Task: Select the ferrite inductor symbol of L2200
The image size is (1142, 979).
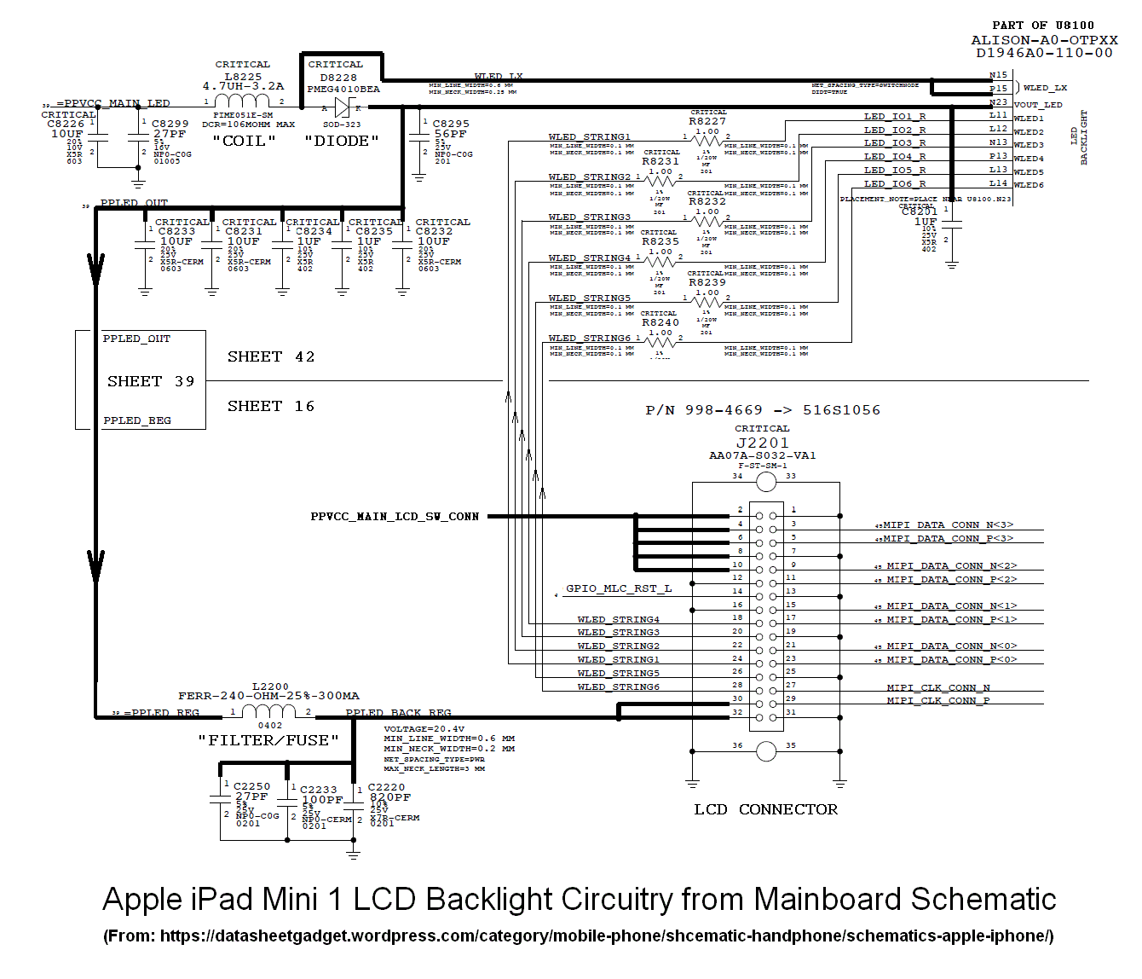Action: click(269, 711)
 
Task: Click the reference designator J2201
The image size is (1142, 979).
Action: click(763, 443)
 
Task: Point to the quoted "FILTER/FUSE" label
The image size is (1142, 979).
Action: click(268, 740)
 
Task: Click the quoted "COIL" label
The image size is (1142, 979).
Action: click(244, 141)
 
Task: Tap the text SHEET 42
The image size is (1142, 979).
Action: click(271, 356)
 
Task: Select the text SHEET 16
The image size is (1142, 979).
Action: click(271, 406)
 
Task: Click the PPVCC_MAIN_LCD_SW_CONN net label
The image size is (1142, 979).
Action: click(395, 517)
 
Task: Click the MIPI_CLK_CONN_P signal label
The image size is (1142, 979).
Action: click(938, 700)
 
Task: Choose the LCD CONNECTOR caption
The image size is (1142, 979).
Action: click(765, 809)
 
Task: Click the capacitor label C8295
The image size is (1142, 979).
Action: click(451, 124)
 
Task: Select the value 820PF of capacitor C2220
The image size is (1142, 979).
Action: click(390, 797)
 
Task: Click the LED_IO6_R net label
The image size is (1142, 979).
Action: click(895, 183)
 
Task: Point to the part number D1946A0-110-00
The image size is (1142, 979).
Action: click(1044, 53)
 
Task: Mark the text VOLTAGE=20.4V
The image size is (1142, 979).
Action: click(424, 729)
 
